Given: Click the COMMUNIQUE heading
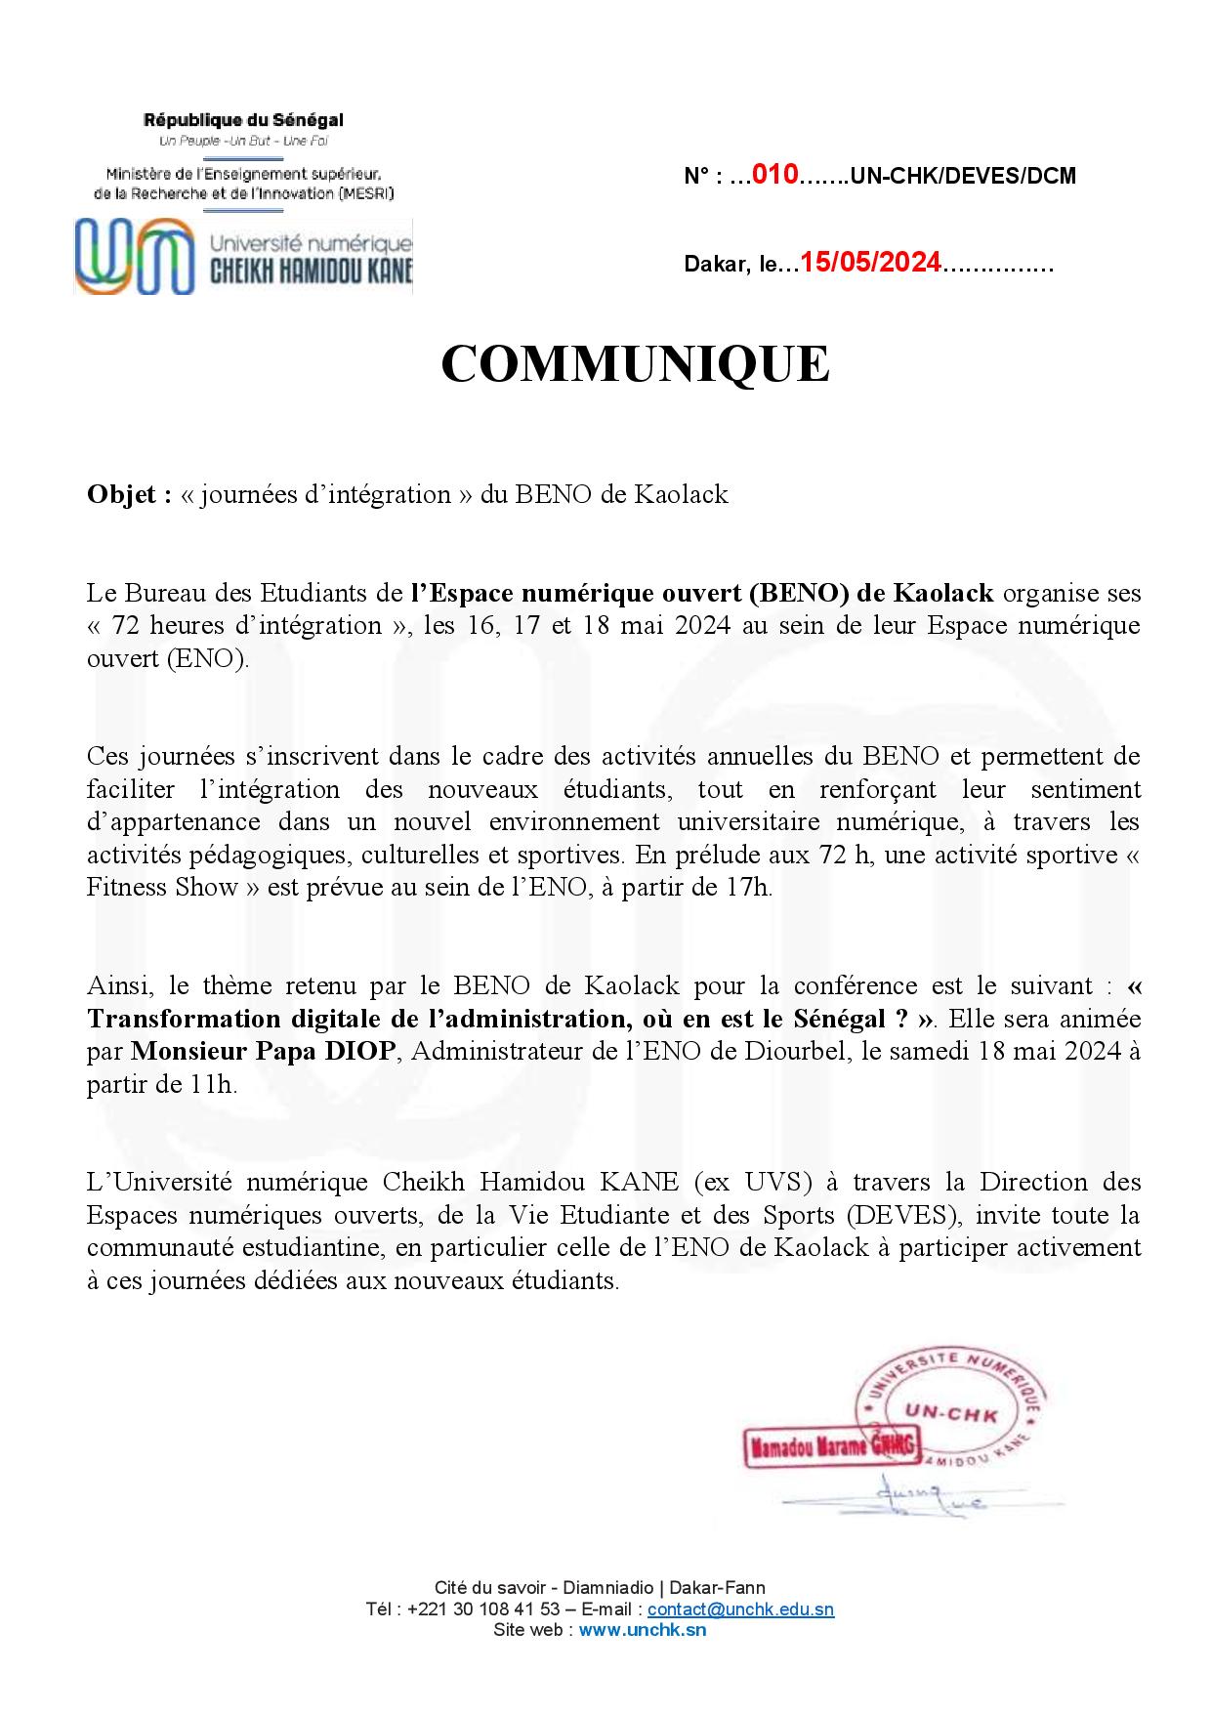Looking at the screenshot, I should tap(635, 364).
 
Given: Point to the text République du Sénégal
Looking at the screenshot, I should tap(243, 120).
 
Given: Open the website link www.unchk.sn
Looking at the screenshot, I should tap(642, 1630).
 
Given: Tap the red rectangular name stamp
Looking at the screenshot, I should tap(830, 1447).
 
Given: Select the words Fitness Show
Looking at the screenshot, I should tap(163, 888).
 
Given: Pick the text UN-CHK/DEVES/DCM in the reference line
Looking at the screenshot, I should tap(963, 177).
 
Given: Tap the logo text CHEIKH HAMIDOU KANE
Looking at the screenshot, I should tap(313, 272).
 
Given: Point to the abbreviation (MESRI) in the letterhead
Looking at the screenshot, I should tap(364, 193).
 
